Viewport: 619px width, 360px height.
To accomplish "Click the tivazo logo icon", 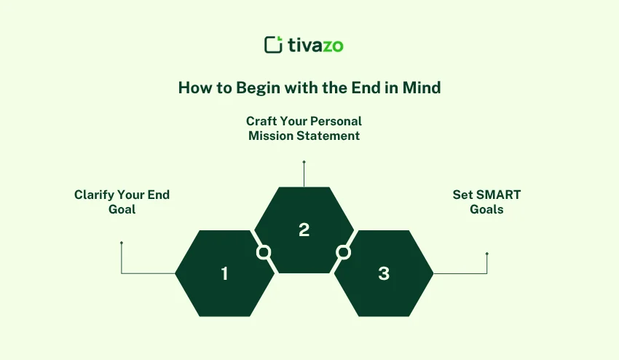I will coord(273,45).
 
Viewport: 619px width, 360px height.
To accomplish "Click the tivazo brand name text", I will coord(315,45).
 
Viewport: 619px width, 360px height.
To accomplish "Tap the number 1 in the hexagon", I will coord(224,274).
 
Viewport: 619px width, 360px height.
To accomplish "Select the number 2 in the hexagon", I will coord(304,230).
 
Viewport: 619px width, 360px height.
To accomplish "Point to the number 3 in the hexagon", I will coord(384,274).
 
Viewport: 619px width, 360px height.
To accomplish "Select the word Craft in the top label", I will coord(261,121).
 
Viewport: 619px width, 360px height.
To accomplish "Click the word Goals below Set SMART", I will coord(486,209).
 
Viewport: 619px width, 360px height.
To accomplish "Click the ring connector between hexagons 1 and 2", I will coord(264,252).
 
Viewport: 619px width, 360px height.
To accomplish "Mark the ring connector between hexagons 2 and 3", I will coord(343,252).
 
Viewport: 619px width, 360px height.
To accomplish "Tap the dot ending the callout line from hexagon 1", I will coord(122,243).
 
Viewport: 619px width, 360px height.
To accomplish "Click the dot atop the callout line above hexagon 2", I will coord(304,162).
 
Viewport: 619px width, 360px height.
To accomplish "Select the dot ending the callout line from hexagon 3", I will coord(486,254).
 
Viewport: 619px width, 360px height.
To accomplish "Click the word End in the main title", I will coord(366,88).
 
